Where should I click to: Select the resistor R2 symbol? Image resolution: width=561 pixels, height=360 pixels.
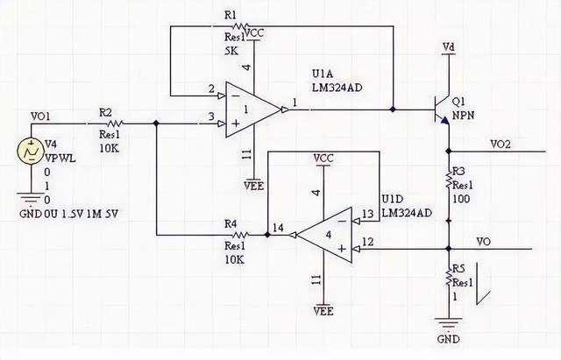(x=111, y=124)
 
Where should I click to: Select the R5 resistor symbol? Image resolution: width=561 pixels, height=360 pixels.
(x=448, y=279)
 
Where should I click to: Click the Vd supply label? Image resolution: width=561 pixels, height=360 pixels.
(x=449, y=46)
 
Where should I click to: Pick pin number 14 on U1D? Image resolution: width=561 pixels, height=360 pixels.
(x=279, y=228)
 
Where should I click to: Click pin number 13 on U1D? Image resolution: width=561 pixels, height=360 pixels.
(x=367, y=214)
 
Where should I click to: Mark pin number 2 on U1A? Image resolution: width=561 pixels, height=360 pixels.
(x=211, y=88)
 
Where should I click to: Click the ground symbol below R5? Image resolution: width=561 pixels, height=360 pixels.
(x=448, y=327)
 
